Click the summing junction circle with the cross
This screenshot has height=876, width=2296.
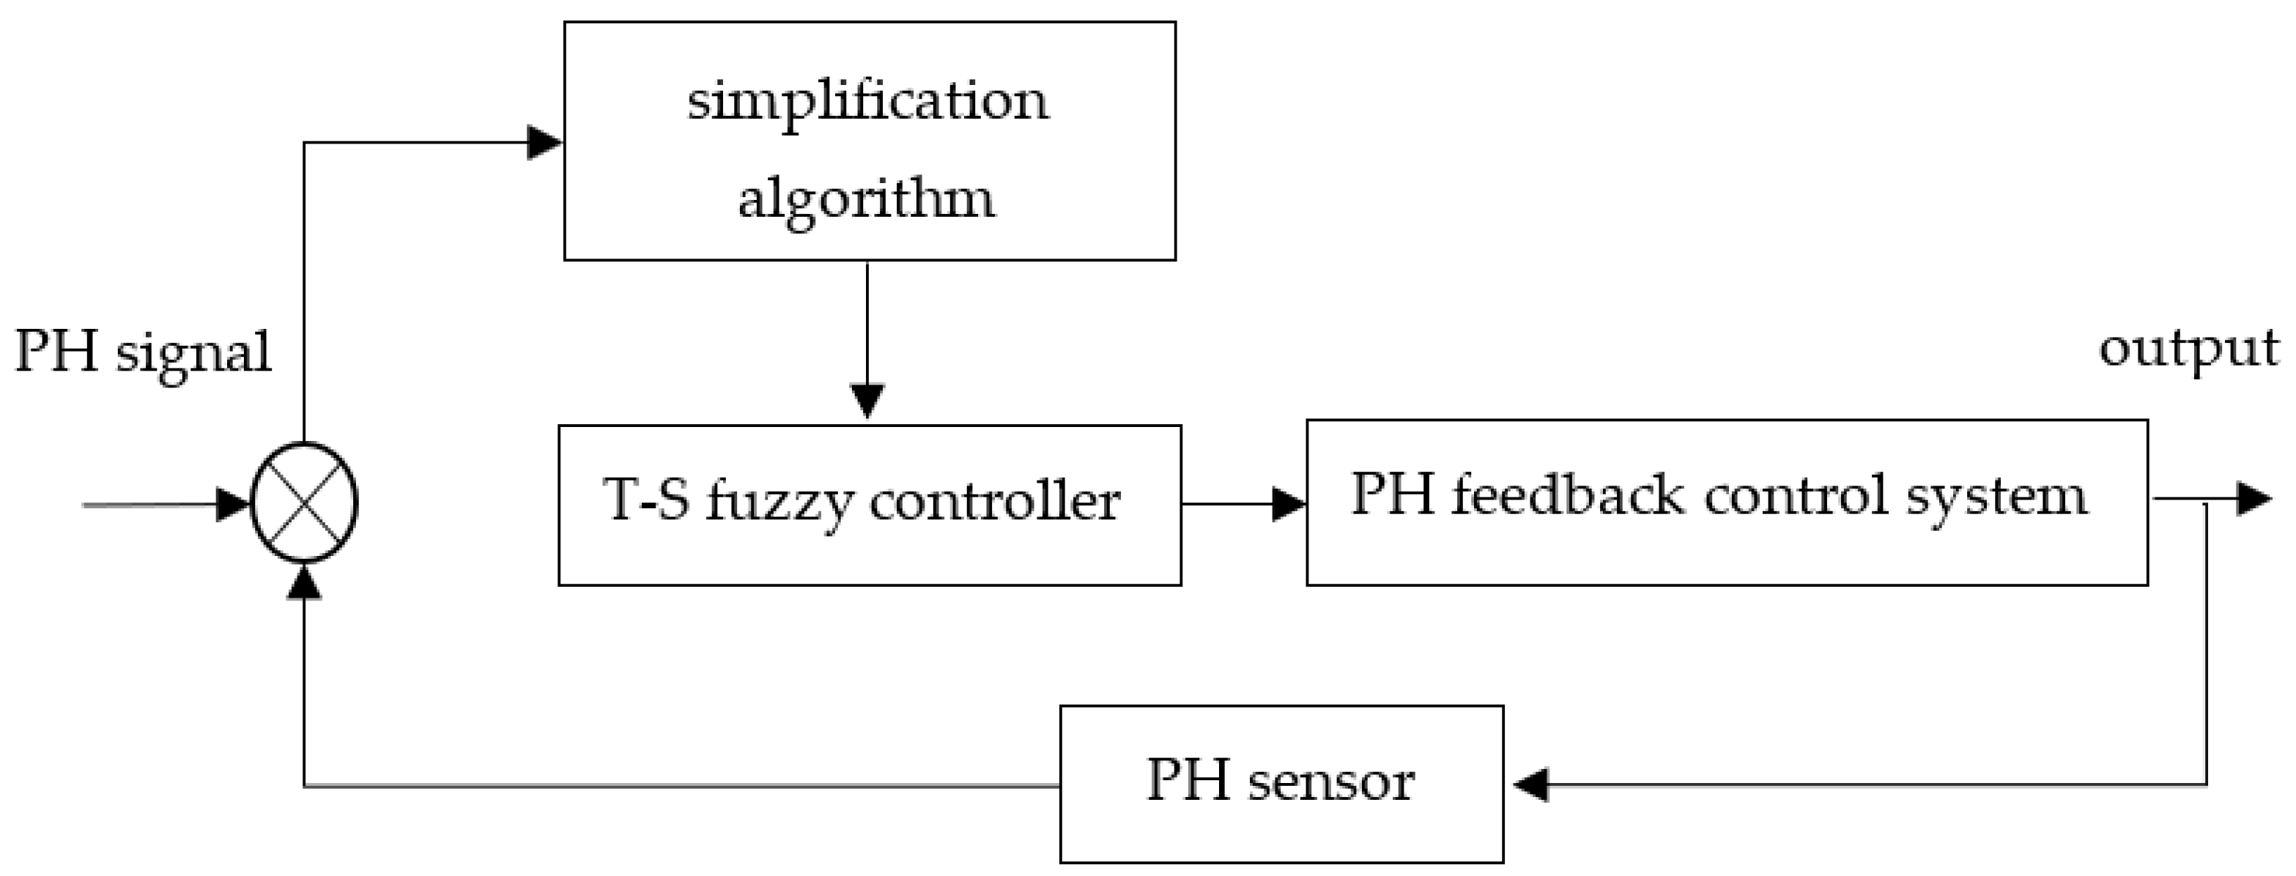pos(305,503)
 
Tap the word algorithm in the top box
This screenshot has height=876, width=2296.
pos(865,198)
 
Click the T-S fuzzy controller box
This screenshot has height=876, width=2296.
pos(869,505)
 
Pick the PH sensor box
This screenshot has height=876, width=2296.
pos(1281,784)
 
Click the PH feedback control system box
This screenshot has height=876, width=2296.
pos(1727,502)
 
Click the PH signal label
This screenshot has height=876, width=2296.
pos(143,352)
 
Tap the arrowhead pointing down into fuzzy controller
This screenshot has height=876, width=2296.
pos(867,400)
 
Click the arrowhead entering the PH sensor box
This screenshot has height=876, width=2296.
pos(1530,785)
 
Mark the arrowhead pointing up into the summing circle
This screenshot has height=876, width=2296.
pos(305,583)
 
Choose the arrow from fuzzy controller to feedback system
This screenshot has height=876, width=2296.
pos(1243,505)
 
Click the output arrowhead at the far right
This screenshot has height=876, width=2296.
pos(2255,498)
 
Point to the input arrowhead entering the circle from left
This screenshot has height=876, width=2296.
pos(234,505)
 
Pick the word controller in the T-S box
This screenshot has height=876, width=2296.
pos(994,501)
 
